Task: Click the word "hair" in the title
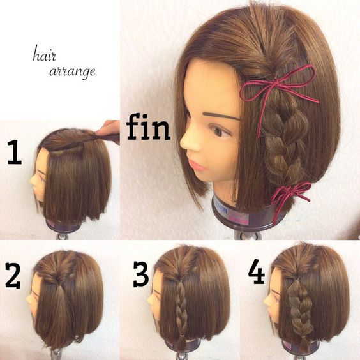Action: (44, 56)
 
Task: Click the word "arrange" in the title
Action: (72, 71)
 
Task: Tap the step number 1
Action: (15, 152)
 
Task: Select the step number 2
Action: (13, 276)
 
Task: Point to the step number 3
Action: (140, 274)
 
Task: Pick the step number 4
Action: (257, 271)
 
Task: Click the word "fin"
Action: (148, 126)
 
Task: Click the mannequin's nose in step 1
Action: (33, 181)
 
